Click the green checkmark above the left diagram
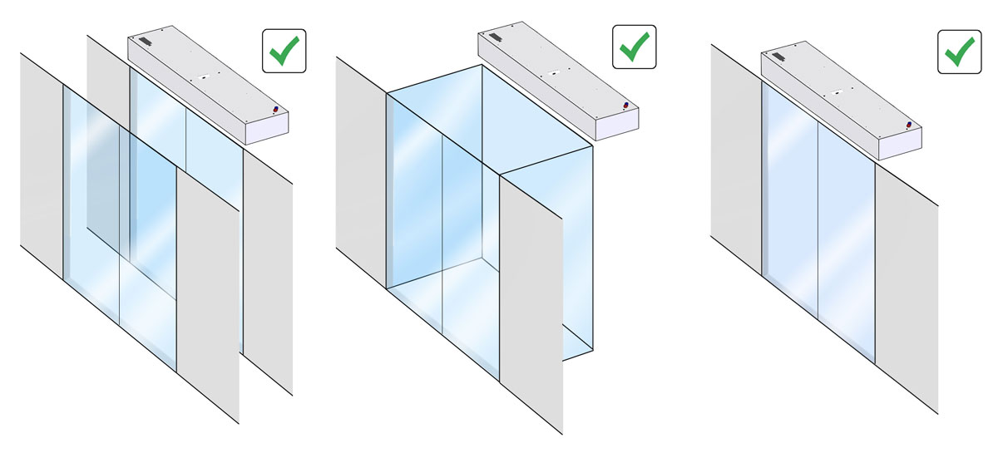[x=284, y=50]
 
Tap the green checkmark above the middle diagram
[x=634, y=47]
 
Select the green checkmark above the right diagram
[x=960, y=51]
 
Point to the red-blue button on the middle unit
[x=625, y=105]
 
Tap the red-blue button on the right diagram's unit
[x=909, y=125]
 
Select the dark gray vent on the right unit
[x=778, y=56]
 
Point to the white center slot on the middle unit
[x=550, y=75]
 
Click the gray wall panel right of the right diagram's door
[x=907, y=283]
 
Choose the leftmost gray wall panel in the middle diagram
[x=360, y=166]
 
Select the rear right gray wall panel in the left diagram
[x=268, y=274]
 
